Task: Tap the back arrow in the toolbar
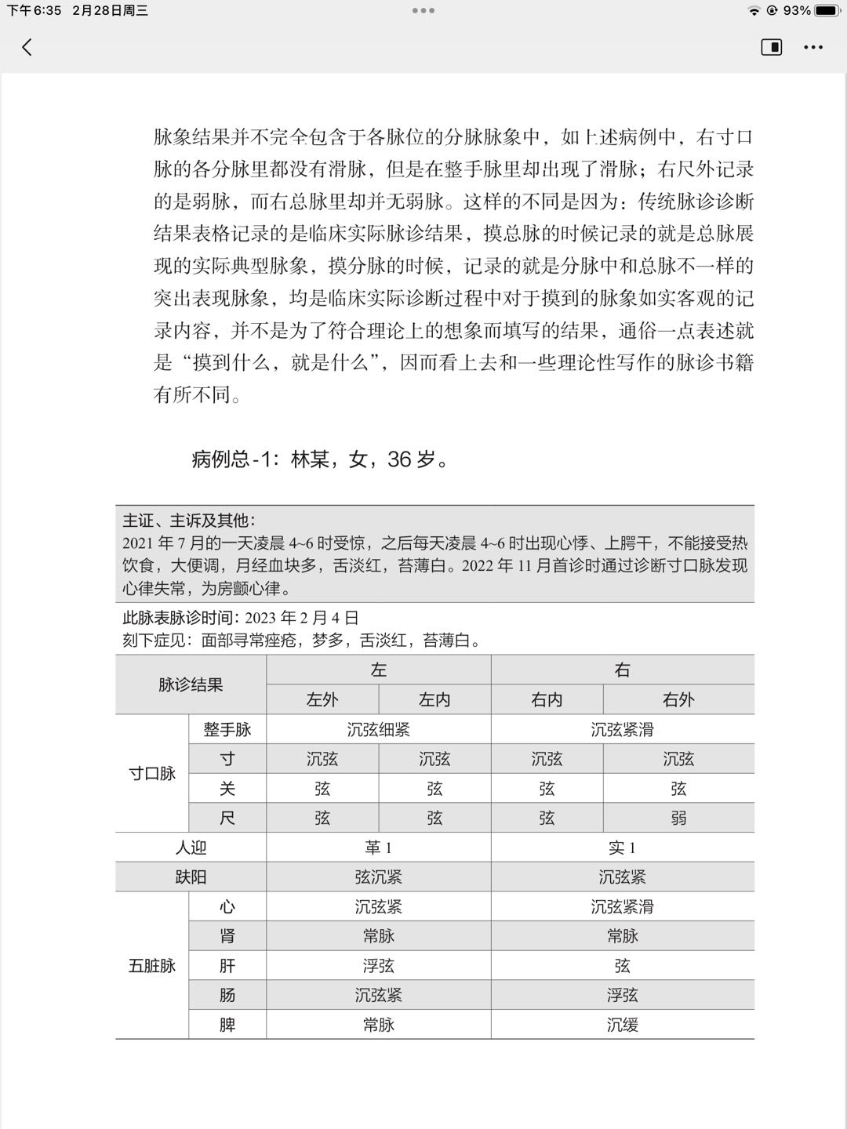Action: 27,48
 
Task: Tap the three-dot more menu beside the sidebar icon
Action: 813,48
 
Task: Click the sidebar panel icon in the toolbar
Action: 772,48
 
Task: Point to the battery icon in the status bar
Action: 827,11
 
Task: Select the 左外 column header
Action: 322,699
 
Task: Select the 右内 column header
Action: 547,699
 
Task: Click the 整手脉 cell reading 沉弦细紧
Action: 379,729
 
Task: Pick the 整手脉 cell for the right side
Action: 623,729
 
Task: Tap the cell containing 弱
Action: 678,818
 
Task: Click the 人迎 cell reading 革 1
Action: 379,848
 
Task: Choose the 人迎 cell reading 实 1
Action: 623,848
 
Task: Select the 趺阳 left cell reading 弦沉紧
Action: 379,877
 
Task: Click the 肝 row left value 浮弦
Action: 379,966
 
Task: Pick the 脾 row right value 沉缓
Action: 623,1025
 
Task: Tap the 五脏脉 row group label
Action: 152,966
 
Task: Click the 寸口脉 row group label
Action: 152,774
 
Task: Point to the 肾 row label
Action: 227,936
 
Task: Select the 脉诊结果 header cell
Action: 191,684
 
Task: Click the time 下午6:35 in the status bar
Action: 35,11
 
